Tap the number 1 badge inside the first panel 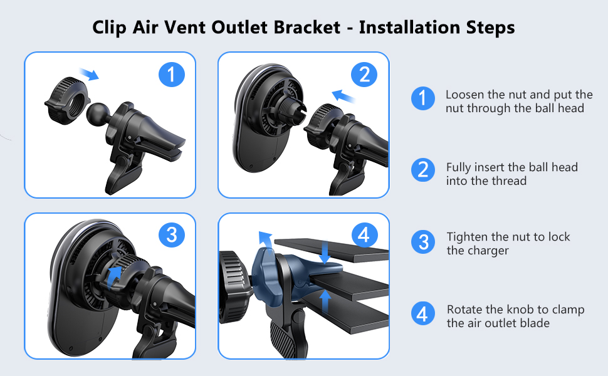171,75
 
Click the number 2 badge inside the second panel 364,75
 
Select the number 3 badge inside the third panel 171,235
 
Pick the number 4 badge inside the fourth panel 364,235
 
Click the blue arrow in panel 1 90,73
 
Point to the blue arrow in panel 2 344,95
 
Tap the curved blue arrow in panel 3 114,277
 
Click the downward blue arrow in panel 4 325,253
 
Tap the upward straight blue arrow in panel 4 325,301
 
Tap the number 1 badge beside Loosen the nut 423,98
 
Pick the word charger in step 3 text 491,251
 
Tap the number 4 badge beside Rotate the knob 423,313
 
